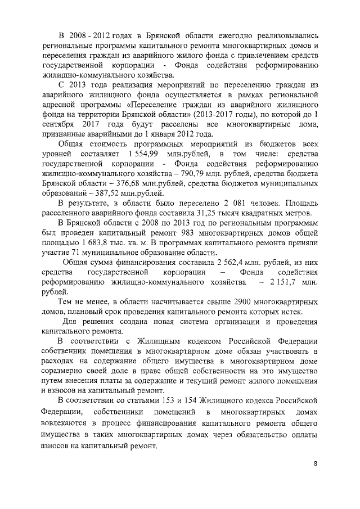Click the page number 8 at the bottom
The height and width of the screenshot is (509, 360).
[316, 463]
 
